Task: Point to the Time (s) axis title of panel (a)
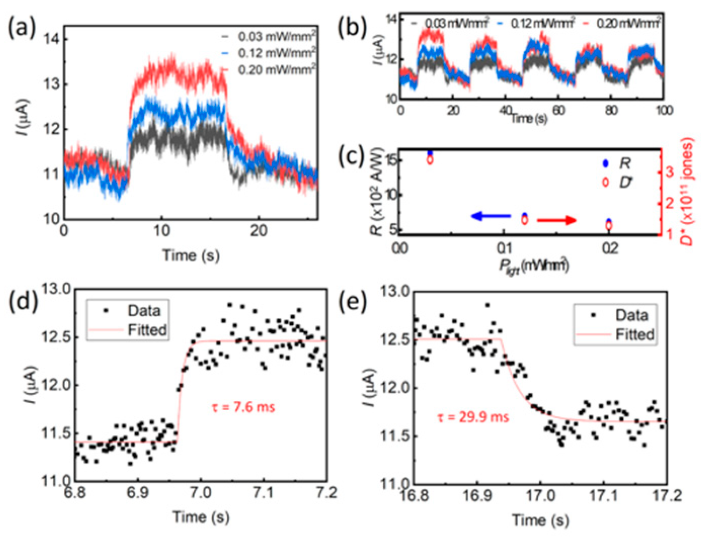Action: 191,255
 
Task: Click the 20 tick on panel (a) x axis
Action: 258,231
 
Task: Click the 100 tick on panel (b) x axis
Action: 664,110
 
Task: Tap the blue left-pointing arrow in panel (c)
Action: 490,216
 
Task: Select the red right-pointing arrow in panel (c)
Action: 557,220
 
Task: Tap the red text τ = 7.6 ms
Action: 243,407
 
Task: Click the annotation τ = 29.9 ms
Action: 473,417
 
